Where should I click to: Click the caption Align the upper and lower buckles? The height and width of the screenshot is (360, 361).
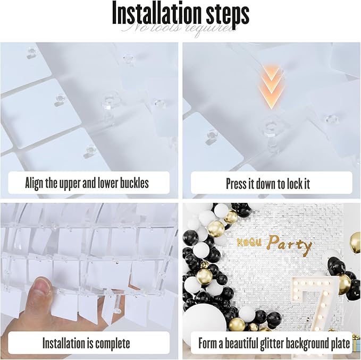pos(87,184)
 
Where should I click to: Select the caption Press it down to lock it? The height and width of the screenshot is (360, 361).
pos(267,184)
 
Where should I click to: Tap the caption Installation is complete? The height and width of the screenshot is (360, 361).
pos(87,343)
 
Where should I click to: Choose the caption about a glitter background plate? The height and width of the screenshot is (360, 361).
pos(274,343)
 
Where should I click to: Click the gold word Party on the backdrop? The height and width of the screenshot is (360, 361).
pos(290,244)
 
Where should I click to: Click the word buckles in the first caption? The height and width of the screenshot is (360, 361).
pos(133,184)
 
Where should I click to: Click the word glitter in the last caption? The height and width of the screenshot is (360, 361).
pos(281,343)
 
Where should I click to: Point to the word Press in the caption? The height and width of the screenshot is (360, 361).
pos(236,184)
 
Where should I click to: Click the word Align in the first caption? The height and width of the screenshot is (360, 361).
pos(36,184)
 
